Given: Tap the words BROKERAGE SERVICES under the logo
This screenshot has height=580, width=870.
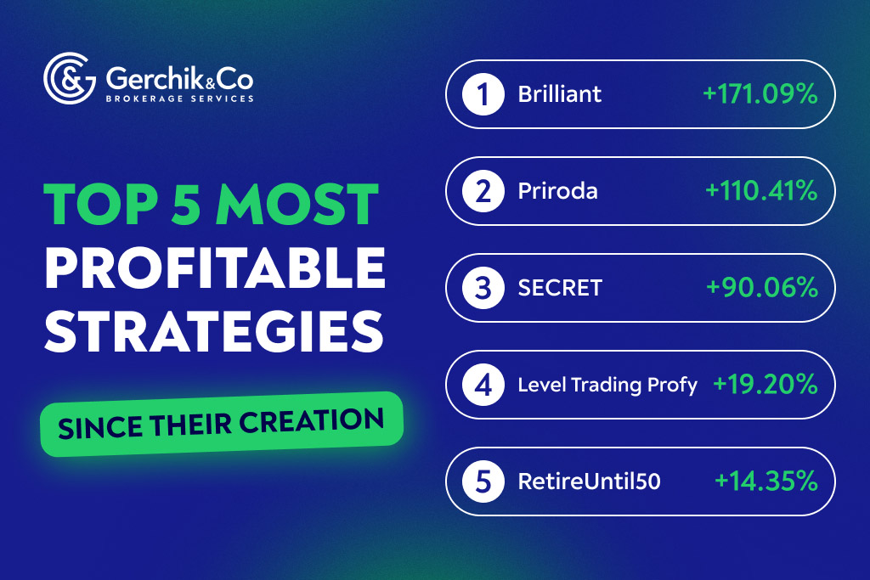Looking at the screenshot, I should point(179,99).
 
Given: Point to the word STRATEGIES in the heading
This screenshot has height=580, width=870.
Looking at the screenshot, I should point(214,332).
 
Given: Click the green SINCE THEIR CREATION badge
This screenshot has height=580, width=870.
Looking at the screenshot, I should point(221,424).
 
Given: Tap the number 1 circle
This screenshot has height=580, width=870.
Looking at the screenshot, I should point(483,93).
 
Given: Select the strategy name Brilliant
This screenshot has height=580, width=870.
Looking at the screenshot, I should point(560,94).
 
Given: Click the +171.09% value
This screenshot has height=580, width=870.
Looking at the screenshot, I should point(760,94).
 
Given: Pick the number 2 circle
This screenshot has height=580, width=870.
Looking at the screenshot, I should point(483,191).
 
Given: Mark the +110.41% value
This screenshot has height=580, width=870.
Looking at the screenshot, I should point(761,191).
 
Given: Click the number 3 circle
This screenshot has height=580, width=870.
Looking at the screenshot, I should point(483,288).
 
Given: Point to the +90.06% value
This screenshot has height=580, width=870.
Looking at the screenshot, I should point(762,288).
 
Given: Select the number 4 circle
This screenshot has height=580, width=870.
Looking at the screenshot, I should point(483,385).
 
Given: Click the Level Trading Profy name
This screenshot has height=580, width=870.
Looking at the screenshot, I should point(607,386).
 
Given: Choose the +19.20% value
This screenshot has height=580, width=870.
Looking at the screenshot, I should point(765,385).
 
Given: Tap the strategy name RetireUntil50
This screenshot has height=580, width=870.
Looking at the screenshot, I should point(590,482).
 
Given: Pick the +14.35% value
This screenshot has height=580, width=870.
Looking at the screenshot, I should point(766,481).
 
